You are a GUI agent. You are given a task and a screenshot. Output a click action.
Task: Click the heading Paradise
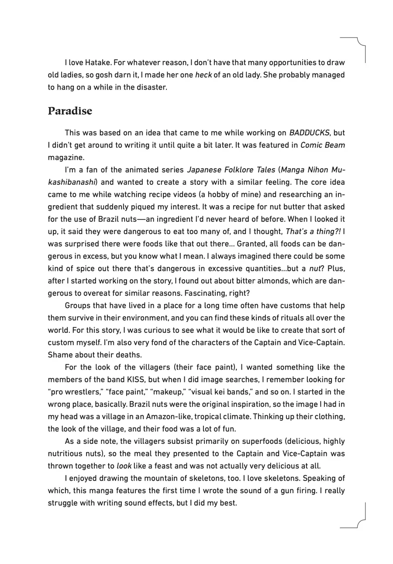tap(70, 111)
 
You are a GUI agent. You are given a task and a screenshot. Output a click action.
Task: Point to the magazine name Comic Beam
tap(323, 145)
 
